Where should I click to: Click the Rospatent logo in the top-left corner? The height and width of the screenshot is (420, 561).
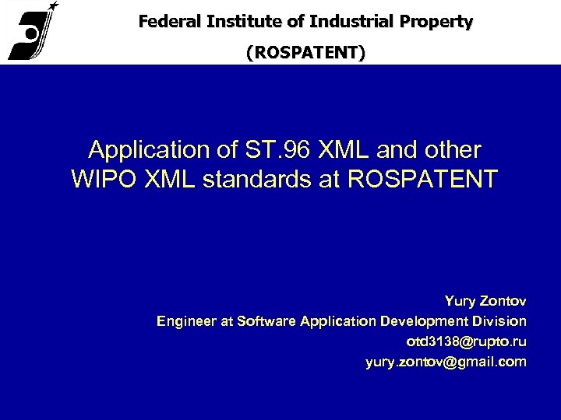point(32,33)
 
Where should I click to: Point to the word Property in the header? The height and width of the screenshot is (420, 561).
point(437,22)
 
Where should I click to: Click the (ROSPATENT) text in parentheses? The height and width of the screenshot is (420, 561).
point(305,53)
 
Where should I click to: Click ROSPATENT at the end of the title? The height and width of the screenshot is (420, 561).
point(421,178)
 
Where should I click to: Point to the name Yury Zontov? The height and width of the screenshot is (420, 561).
point(485,300)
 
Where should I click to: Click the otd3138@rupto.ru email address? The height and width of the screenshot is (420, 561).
point(466,341)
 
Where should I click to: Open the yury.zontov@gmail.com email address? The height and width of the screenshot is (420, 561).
point(446,362)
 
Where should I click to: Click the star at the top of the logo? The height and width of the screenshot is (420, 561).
point(52,5)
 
